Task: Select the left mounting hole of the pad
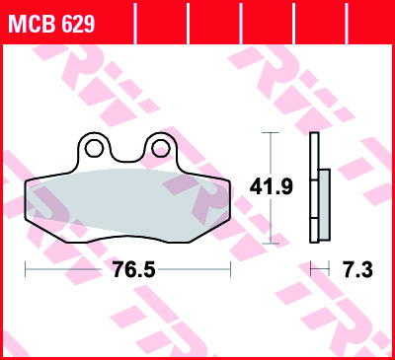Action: (95, 150)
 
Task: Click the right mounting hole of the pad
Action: (156, 149)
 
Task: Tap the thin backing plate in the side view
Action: (314, 187)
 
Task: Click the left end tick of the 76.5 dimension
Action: (24, 268)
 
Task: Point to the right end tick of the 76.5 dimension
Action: (230, 268)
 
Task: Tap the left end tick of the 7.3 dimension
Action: (310, 268)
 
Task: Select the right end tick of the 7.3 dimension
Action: (330, 268)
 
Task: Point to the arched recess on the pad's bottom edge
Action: (126, 238)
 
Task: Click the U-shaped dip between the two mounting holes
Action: (125, 158)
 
